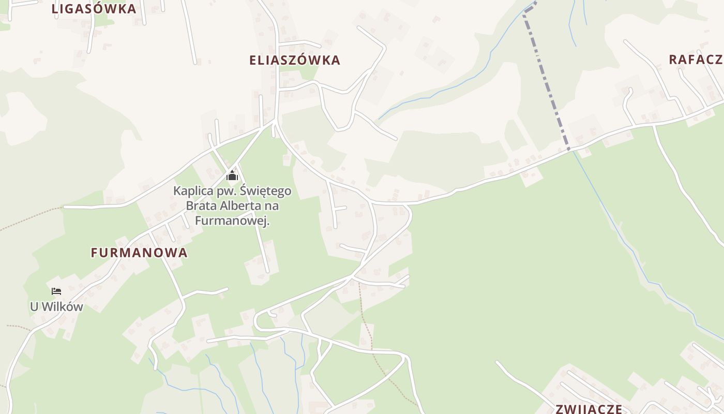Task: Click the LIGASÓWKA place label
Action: [x=94, y=9]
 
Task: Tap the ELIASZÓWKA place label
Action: [x=295, y=60]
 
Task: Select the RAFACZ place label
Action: [x=696, y=60]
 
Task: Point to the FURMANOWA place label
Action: [x=139, y=253]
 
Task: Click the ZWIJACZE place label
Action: [x=589, y=409]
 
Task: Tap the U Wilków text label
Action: [x=56, y=306]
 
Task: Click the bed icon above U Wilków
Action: [x=56, y=291]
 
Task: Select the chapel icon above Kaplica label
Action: [x=232, y=176]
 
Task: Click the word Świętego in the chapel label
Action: [x=266, y=191]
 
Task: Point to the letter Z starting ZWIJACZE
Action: [x=560, y=409]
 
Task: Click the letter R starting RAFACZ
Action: [x=673, y=60]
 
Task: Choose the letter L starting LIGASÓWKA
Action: [x=55, y=9]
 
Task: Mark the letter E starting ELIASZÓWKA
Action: [x=253, y=60]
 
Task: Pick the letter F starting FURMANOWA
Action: [x=94, y=253]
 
